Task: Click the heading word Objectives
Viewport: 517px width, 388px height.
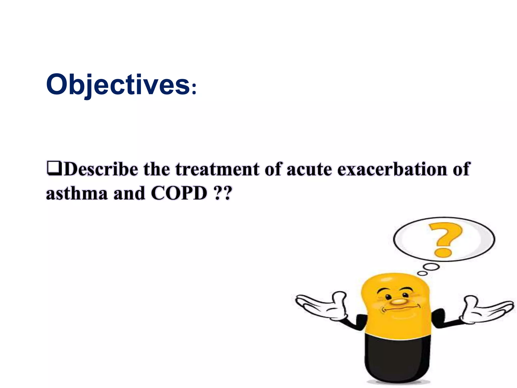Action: tap(117, 85)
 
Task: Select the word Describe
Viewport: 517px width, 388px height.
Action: tap(101, 169)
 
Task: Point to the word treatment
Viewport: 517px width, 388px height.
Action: tap(217, 169)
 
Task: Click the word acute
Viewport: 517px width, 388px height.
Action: tap(309, 169)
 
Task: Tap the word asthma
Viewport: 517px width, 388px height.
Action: tap(77, 193)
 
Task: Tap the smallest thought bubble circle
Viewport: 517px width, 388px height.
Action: tap(422, 273)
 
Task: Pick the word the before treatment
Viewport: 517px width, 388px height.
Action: tap(157, 169)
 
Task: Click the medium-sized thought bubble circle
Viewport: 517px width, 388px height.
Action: tap(431, 267)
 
